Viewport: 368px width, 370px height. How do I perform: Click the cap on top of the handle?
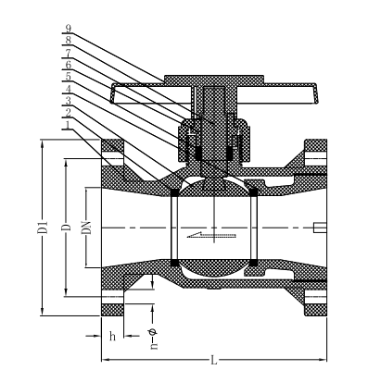tap(213, 80)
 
